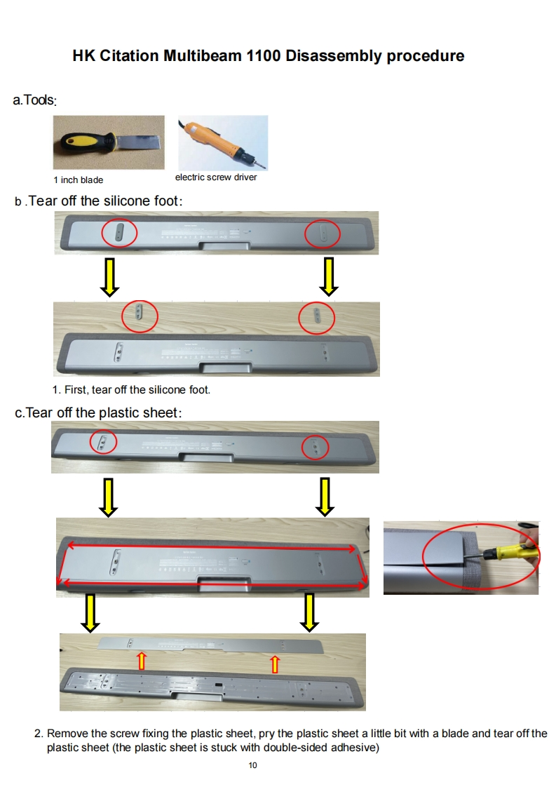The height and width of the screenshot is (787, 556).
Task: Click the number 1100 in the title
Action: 264,55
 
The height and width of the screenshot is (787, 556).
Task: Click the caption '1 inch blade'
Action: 79,180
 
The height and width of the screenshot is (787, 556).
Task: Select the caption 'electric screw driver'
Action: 216,177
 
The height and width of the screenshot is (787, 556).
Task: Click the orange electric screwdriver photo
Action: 223,142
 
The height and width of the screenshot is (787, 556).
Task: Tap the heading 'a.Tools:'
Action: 34,100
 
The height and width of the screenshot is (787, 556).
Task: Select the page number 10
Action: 253,765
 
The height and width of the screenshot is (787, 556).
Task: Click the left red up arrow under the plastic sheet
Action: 142,661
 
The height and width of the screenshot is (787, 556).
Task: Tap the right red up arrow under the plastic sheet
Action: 274,664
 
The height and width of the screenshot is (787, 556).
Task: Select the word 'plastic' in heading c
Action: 119,412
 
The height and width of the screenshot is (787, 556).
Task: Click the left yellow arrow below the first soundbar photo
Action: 109,276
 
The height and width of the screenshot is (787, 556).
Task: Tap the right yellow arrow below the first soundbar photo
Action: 329,276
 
